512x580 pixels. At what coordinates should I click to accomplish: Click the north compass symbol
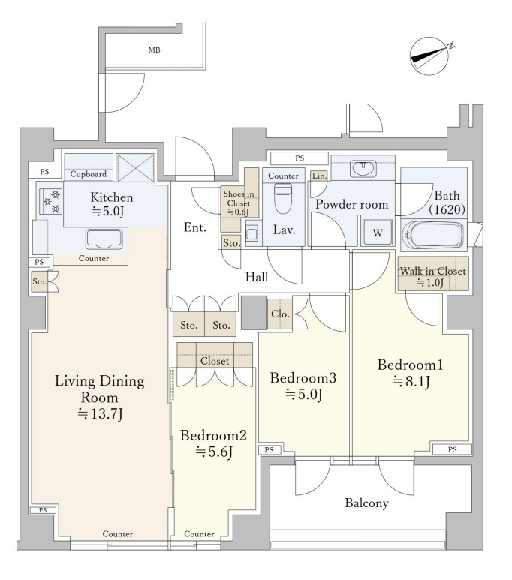point(431,56)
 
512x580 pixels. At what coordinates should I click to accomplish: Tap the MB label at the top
point(155,50)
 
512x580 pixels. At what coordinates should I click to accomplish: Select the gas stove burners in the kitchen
point(52,201)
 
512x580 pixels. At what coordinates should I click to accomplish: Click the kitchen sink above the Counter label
point(104,239)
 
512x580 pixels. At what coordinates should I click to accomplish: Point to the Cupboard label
point(88,174)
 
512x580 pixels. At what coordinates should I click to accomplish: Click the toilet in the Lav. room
point(284,199)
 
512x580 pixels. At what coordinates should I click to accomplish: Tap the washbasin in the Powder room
point(363,169)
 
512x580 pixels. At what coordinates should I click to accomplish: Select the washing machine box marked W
point(378,233)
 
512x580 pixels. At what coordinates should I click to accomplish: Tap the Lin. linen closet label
point(320,176)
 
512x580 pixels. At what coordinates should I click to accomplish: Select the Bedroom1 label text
point(410,365)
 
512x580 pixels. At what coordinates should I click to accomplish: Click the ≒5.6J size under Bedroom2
point(215,452)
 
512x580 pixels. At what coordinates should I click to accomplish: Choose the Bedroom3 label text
point(303,378)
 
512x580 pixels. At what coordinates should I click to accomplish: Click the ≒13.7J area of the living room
point(100,414)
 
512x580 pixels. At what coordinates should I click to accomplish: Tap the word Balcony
point(367,503)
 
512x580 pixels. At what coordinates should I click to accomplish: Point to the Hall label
point(257,277)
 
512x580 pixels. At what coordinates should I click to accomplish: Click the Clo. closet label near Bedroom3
point(280,314)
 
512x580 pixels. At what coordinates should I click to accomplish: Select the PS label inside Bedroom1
point(453,449)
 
